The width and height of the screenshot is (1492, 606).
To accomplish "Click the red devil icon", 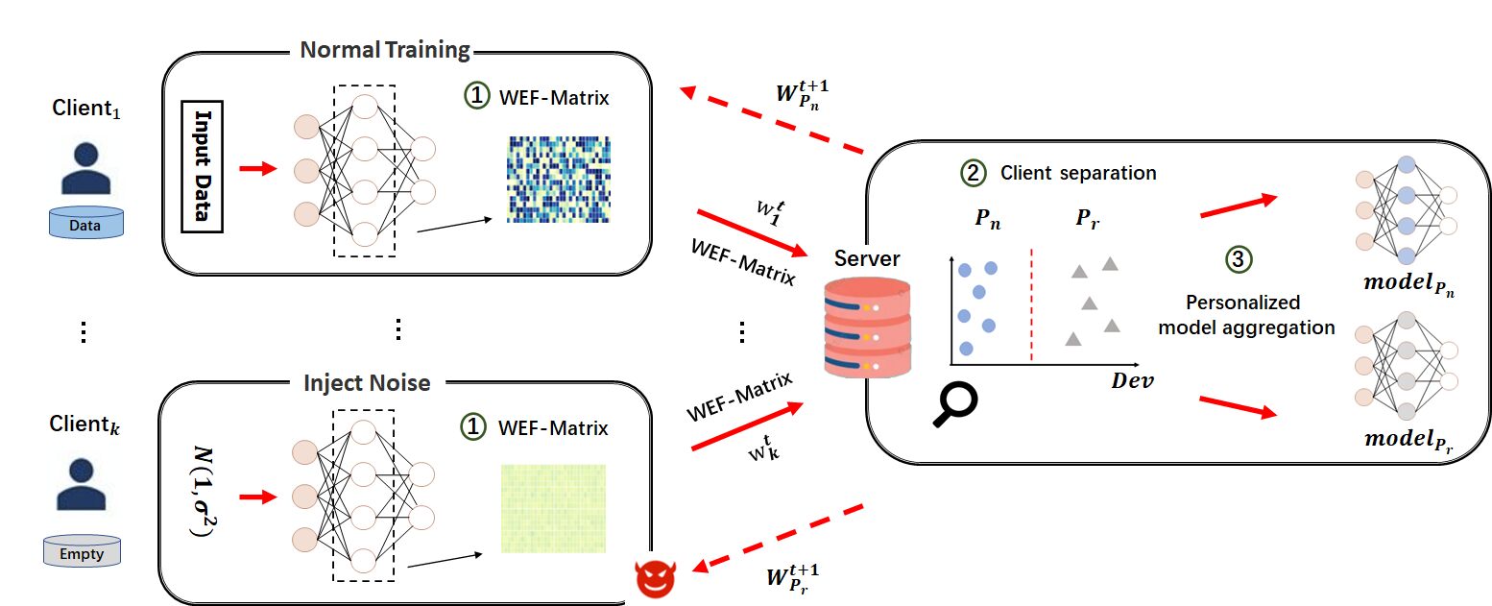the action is tap(656, 578).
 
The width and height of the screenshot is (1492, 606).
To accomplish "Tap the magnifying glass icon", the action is tap(955, 404).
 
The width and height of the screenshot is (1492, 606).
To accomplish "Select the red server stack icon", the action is tap(867, 327).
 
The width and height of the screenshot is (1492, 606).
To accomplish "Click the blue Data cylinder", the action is tap(85, 223).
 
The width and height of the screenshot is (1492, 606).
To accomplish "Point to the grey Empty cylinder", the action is tap(82, 550).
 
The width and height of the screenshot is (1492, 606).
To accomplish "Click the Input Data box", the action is tap(202, 166).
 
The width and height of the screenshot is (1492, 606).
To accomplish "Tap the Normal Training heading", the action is tap(385, 50).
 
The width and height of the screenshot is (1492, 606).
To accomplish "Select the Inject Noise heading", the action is tap(367, 383).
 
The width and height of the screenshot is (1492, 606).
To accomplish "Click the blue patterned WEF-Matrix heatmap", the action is tap(558, 180).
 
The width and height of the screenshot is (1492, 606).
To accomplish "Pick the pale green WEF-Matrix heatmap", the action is tap(554, 509).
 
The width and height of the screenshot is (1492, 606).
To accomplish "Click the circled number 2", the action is tap(974, 173).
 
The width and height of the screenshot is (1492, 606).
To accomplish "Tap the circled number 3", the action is tap(1239, 259).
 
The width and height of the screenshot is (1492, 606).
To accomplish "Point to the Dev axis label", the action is tap(1132, 381).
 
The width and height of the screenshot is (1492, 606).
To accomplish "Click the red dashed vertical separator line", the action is tap(1032, 305).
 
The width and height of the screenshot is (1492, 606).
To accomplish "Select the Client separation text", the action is tap(1078, 173).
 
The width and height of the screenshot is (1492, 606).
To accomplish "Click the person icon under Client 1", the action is tap(85, 168).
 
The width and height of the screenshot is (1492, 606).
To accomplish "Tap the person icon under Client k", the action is tap(82, 484).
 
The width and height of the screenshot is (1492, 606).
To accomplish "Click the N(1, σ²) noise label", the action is tap(204, 492).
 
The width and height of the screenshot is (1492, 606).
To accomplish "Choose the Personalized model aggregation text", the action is tap(1246, 315).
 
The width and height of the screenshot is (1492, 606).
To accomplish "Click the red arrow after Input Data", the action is tap(257, 168).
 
